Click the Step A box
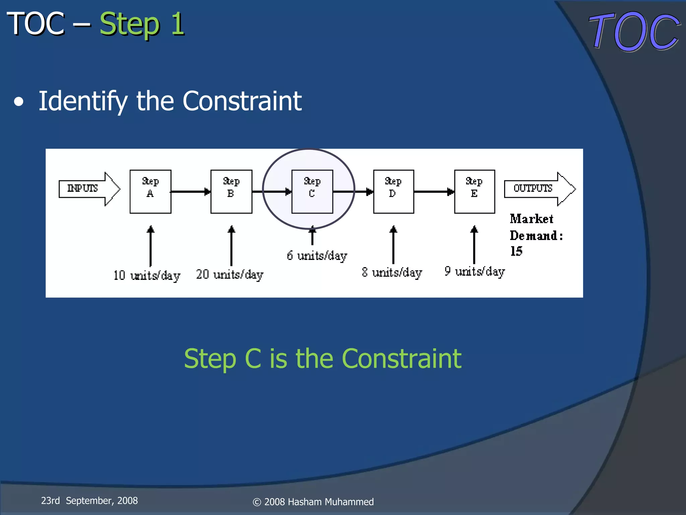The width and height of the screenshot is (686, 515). tap(150, 191)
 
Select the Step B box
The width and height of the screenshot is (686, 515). tap(231, 191)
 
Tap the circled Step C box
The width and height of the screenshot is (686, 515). tap(312, 191)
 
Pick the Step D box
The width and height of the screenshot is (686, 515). tap(394, 191)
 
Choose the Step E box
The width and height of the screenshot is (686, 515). tap(474, 191)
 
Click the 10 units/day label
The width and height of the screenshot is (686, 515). tap(147, 276)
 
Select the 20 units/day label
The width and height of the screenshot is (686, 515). tap(230, 275)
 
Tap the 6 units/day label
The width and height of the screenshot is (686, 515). tap(317, 256)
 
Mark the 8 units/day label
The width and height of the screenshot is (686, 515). tap(392, 272)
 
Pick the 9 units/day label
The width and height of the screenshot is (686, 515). tap(474, 271)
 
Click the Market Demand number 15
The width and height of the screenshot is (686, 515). tap(516, 251)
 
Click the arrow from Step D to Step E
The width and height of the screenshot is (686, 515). tap(434, 191)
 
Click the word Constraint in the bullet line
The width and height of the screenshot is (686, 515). tap(242, 101)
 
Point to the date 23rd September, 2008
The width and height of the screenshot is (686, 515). tap(89, 501)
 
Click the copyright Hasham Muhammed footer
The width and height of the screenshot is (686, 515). tap(313, 502)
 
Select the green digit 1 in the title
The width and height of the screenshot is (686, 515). tap(178, 24)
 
